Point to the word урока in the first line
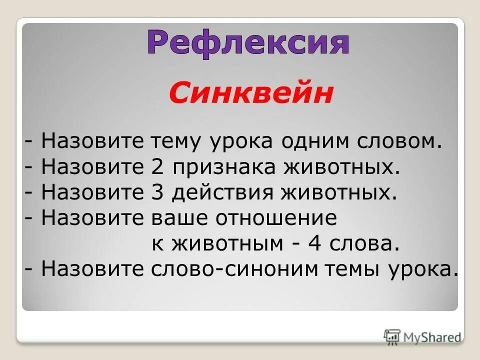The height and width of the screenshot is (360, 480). pyautogui.click(x=243, y=142)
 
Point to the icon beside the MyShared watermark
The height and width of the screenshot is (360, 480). pyautogui.click(x=392, y=336)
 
